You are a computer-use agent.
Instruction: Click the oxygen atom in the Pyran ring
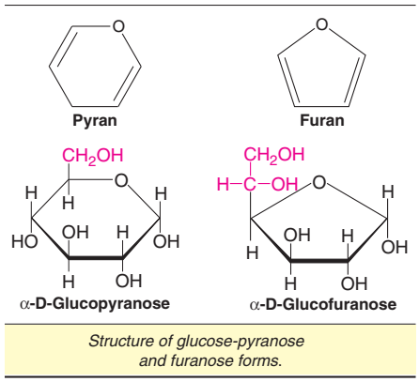click(x=118, y=26)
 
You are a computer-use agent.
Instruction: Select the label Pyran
click(x=93, y=121)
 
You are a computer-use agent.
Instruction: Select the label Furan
click(x=321, y=121)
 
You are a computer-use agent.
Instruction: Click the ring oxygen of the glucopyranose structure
click(x=120, y=181)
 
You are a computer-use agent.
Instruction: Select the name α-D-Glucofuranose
click(x=322, y=304)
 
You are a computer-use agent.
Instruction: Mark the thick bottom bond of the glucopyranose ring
click(x=95, y=260)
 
